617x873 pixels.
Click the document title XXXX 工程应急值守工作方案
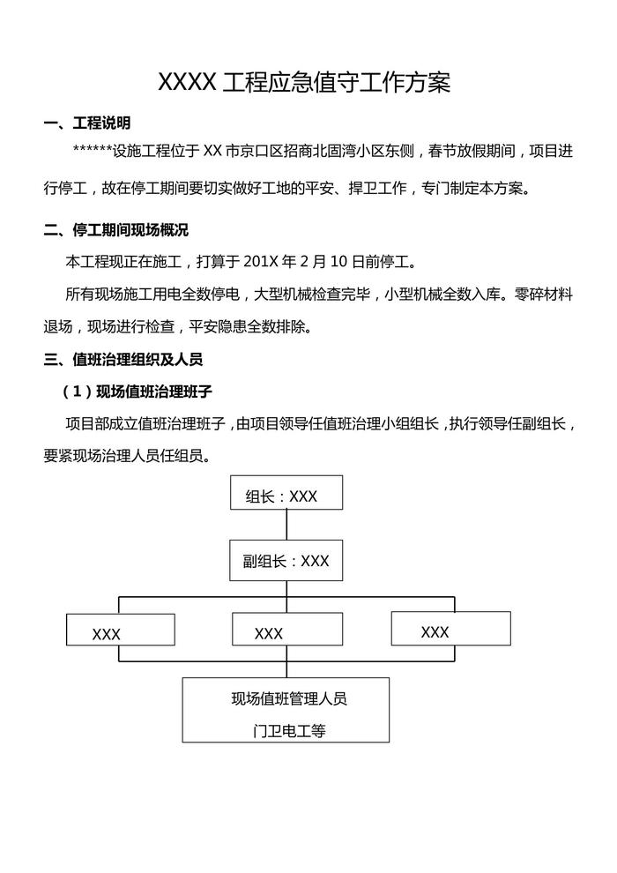[x=303, y=83]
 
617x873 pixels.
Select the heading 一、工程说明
[x=88, y=123]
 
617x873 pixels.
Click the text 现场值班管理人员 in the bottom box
[x=288, y=699]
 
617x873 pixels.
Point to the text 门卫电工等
[x=288, y=731]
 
